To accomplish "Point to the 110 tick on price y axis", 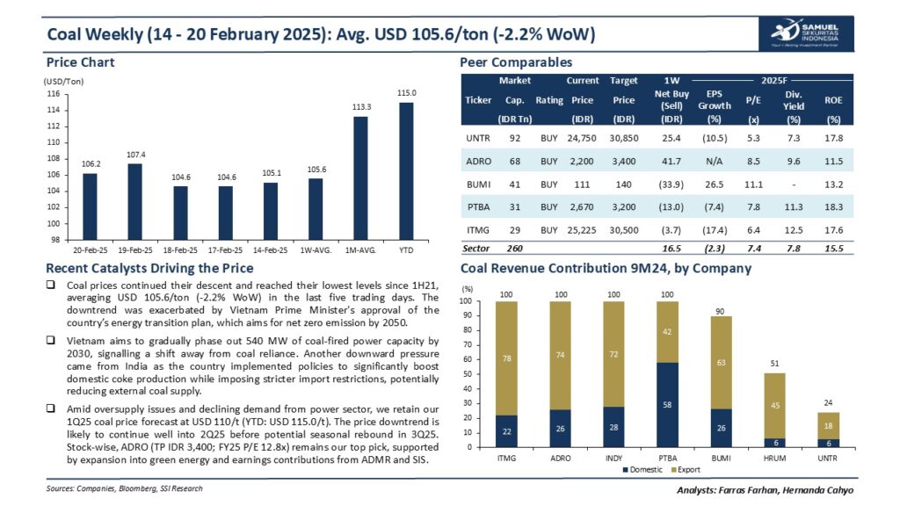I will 54,142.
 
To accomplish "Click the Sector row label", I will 476,249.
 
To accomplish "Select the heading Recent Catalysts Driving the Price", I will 149,268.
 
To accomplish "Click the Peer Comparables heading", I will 516,62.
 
